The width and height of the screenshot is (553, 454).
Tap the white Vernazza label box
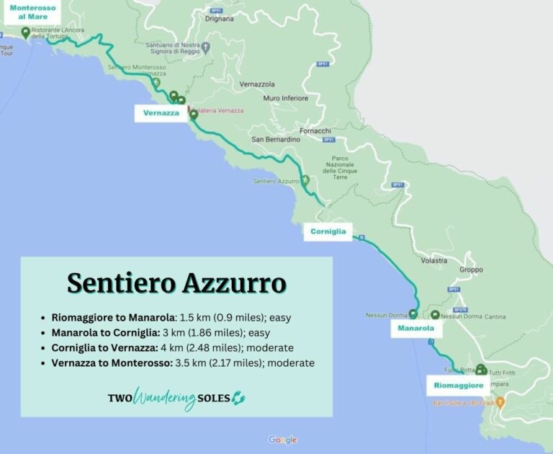[x=161, y=113]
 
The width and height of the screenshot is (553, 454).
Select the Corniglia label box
[x=328, y=232]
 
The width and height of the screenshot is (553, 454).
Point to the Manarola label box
[x=415, y=329]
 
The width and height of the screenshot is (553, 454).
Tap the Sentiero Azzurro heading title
[x=176, y=283]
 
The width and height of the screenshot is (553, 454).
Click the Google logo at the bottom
[x=283, y=440]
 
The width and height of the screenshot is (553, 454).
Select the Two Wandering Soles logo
[x=176, y=398]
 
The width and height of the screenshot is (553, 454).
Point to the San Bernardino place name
[x=274, y=139]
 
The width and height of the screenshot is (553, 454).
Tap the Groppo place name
[x=471, y=270]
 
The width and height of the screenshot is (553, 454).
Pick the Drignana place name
[x=220, y=19]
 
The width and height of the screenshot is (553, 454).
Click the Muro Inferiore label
[x=286, y=98]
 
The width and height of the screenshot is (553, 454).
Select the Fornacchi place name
[x=315, y=130]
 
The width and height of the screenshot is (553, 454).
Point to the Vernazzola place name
[x=257, y=84]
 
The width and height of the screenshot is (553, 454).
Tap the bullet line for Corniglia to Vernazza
[x=168, y=347]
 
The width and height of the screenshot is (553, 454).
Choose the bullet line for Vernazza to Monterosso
[x=183, y=363]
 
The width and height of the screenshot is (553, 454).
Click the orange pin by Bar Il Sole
[x=501, y=401]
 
